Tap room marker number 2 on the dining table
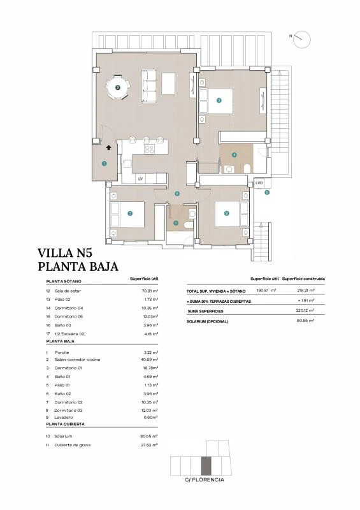(x=117, y=88)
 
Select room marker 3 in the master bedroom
(x=219, y=100)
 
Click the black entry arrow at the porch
(x=109, y=147)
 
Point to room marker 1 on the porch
(x=104, y=163)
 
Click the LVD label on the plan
(x=258, y=183)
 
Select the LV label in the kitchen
(x=140, y=179)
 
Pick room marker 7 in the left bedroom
(x=129, y=214)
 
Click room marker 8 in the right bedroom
(x=226, y=214)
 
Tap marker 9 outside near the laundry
(x=267, y=191)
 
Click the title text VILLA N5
(x=66, y=253)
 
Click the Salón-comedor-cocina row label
(x=78, y=359)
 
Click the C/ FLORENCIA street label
(x=204, y=480)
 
